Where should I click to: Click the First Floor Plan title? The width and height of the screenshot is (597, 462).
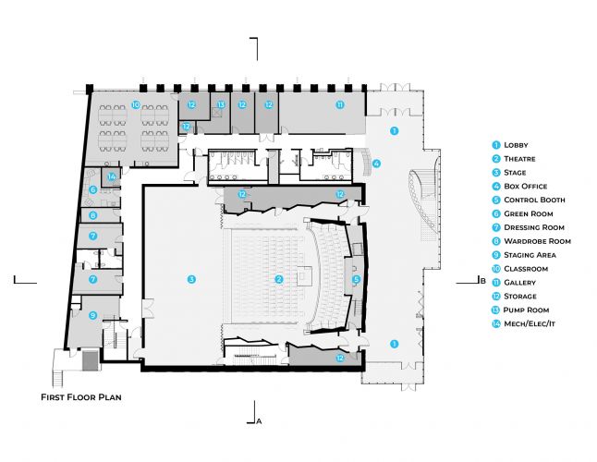(x=81, y=397)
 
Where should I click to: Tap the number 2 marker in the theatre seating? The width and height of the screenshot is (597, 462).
(x=278, y=278)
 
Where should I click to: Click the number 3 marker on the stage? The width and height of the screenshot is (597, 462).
(x=191, y=278)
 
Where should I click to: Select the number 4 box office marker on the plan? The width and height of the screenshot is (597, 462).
(x=376, y=164)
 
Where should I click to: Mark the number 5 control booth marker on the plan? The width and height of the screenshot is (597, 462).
(x=356, y=278)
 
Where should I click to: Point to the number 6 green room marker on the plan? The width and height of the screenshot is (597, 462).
(x=93, y=190)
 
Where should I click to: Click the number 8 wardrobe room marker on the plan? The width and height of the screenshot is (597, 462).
(x=93, y=215)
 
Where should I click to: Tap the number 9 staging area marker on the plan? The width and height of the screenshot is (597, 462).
(x=92, y=315)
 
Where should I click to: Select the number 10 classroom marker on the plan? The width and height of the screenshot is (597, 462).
(x=135, y=105)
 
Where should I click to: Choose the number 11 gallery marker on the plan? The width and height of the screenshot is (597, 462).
(x=340, y=105)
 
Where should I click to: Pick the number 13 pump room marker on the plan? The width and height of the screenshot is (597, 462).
(x=221, y=105)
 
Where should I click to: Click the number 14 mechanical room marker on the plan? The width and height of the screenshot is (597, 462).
(x=111, y=176)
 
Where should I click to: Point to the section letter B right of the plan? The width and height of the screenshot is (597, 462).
(x=481, y=280)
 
